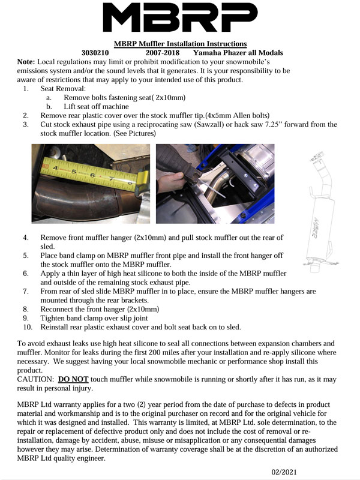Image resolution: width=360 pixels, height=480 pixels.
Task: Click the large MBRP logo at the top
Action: click(x=180, y=17)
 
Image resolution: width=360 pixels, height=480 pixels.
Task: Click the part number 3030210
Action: click(x=95, y=53)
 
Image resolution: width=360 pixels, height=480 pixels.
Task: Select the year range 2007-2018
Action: click(x=163, y=53)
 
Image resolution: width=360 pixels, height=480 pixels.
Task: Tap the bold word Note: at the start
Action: click(x=26, y=62)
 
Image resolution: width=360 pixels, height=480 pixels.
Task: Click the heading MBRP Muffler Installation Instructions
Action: click(x=181, y=44)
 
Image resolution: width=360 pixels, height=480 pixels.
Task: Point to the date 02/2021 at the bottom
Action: click(x=284, y=472)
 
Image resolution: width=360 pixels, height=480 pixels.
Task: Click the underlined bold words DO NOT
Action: click(x=73, y=379)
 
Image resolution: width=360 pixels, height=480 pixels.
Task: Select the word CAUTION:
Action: click(x=35, y=379)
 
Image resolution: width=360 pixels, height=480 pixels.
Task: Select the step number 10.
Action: click(x=28, y=327)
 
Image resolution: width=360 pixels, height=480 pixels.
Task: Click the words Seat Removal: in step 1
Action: click(x=63, y=89)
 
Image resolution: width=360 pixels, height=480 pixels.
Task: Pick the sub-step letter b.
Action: click(x=49, y=107)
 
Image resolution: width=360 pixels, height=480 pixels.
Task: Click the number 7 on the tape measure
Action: click(x=111, y=178)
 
